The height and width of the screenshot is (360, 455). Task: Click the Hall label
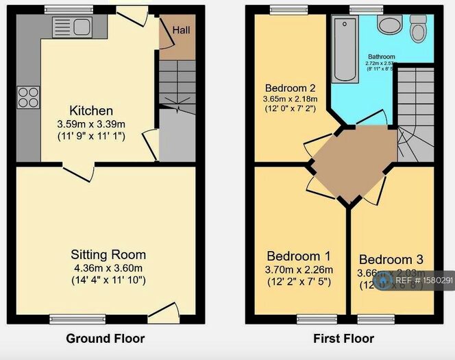tap(181, 30)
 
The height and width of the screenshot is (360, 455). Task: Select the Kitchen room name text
tap(91, 110)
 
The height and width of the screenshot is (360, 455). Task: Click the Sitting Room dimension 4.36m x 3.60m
tap(109, 267)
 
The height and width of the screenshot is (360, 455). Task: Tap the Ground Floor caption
tap(105, 338)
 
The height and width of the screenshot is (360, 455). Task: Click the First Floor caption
tap(343, 338)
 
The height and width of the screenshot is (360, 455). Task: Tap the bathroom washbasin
tap(391, 25)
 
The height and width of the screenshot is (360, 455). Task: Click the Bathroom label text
tap(381, 56)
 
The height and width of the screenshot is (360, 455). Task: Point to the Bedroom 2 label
tap(290, 88)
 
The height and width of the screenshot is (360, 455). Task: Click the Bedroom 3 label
tap(391, 259)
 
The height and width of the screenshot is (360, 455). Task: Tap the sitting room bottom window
tap(77, 318)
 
